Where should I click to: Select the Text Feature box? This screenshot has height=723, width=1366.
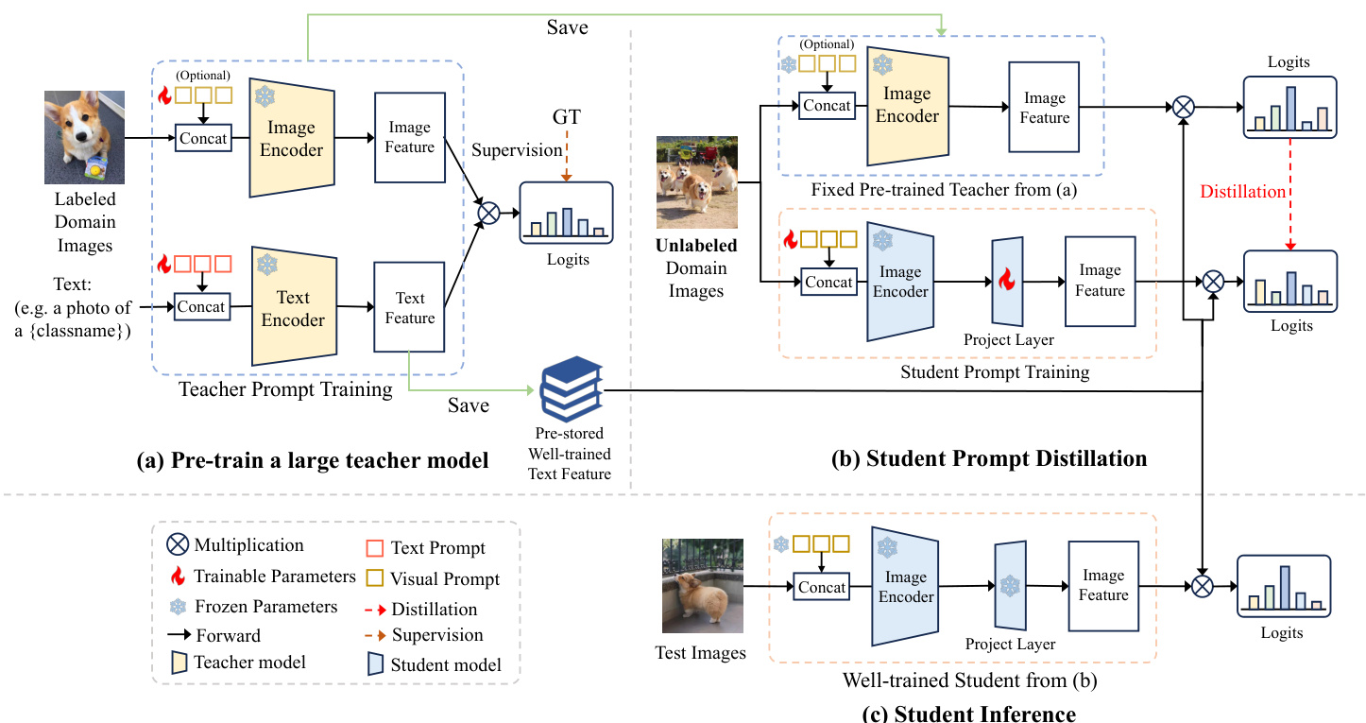[409, 308]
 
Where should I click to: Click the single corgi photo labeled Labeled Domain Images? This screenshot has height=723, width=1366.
[84, 137]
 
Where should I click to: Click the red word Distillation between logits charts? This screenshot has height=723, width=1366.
[1242, 192]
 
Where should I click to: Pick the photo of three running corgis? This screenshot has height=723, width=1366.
[697, 182]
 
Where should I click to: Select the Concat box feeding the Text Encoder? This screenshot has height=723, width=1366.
[201, 306]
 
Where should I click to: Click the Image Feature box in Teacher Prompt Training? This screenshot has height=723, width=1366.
[409, 137]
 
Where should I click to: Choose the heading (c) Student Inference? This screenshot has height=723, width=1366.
[969, 713]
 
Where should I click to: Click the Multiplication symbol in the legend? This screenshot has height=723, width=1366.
[177, 545]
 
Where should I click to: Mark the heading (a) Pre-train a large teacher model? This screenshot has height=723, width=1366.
[313, 461]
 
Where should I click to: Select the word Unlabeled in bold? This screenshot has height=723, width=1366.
[697, 246]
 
